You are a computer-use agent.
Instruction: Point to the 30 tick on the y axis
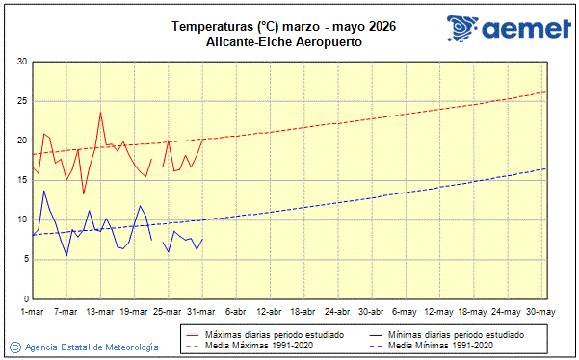coord(22,62)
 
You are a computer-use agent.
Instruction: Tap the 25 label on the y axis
coord(22,101)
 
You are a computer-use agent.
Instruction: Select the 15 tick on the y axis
coord(22,180)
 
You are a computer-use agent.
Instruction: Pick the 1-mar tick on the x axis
coord(33,312)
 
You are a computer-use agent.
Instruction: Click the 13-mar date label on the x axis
coord(101,312)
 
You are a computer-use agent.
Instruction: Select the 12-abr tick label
coord(270,312)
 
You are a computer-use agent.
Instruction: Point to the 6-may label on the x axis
coord(405,312)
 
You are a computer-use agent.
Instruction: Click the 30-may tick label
coord(540,312)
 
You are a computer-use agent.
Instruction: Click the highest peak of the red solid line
coord(100,113)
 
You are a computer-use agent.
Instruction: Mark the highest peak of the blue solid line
coord(43,191)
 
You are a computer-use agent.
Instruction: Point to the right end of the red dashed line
coord(545,91)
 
